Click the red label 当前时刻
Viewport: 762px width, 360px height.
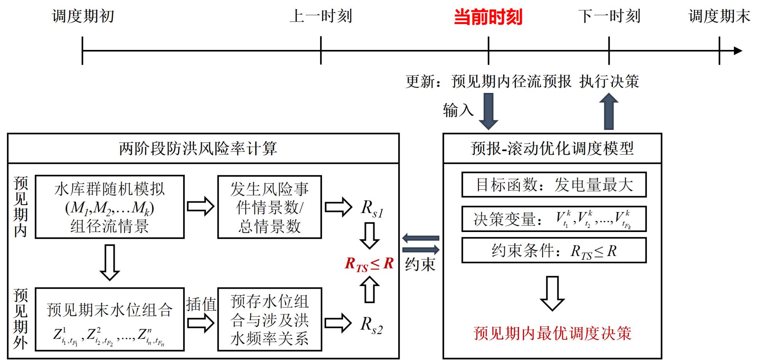pos(488,17)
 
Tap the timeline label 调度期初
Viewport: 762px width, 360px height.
pos(83,16)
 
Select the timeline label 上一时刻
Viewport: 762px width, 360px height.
pos(320,16)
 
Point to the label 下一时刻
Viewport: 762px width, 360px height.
pos(609,16)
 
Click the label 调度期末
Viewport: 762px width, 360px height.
pos(719,16)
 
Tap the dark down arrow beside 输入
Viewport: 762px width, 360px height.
pos(488,111)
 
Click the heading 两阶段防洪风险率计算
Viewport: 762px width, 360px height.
pos(198,149)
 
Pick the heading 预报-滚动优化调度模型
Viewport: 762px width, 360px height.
pos(552,149)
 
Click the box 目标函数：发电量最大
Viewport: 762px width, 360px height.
pos(554,185)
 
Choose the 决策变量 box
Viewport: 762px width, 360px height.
pos(554,219)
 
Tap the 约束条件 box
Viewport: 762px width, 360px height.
pos(554,251)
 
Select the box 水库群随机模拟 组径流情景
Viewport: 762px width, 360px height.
pos(110,207)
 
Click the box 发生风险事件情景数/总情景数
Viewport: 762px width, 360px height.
pos(269,207)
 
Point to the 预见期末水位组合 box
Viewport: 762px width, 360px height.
pos(110,319)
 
